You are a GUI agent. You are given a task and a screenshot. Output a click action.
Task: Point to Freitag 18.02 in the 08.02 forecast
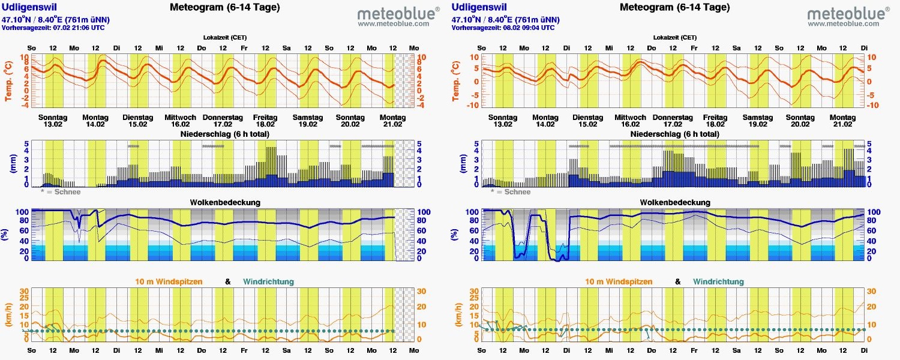point(715,121)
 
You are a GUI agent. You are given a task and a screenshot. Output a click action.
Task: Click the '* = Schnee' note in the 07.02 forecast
point(60,192)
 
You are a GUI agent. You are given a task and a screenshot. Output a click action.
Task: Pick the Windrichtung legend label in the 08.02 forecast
point(718,281)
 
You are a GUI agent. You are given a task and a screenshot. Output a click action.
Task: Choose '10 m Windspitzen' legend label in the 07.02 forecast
point(169,281)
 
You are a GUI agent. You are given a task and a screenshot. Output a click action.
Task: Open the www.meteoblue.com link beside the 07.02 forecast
point(394,24)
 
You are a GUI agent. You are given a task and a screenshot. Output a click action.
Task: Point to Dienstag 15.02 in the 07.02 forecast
point(138,121)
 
